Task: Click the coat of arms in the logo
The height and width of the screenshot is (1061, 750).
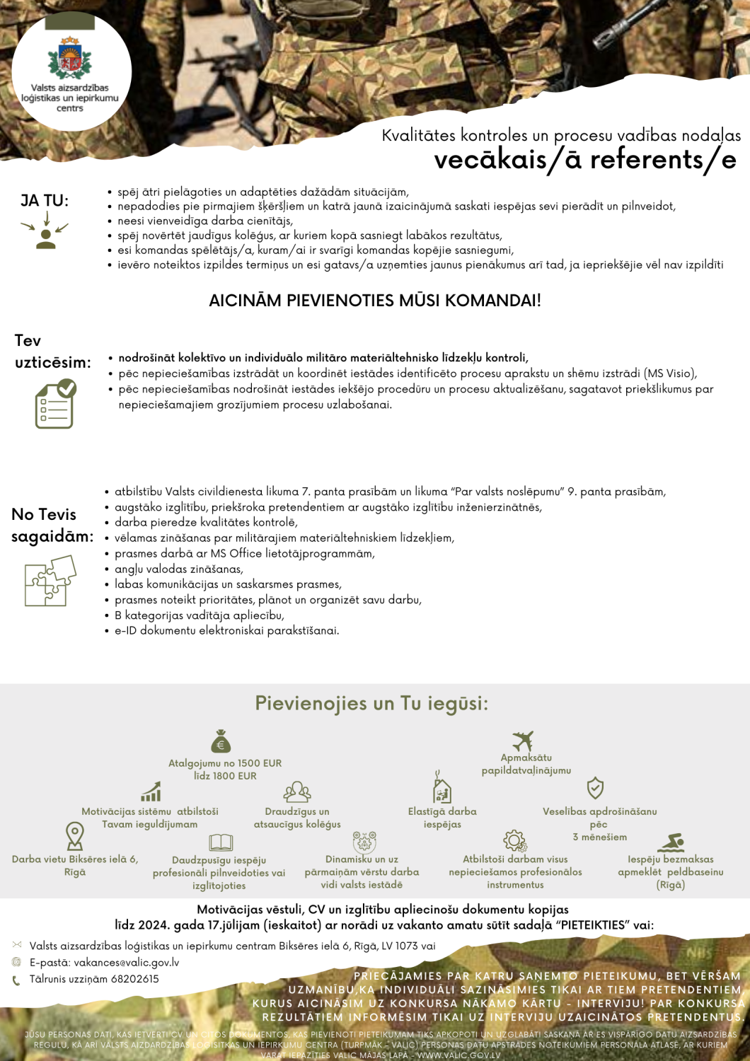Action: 69,59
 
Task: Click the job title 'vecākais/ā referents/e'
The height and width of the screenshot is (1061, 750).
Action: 585,160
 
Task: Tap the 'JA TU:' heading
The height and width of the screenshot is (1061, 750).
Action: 45,201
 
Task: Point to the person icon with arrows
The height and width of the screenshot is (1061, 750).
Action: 45,232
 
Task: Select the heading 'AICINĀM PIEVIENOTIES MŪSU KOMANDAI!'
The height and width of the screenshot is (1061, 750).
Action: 375,301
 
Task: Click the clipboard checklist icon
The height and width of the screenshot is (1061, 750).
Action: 55,404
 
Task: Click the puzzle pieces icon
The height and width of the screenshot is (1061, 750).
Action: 50,581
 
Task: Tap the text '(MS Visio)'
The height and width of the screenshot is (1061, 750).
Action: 670,373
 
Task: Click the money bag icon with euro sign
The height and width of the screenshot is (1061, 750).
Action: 221,741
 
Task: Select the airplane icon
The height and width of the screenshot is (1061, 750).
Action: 523,741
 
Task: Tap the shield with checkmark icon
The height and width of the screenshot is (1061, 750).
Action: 595,788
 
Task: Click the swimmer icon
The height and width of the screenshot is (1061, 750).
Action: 671,842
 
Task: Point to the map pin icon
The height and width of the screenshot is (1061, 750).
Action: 74,835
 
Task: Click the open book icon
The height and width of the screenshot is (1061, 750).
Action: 221,842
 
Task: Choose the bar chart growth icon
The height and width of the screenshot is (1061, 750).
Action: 151,792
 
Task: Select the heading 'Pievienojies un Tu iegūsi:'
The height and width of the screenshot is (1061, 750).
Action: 371,704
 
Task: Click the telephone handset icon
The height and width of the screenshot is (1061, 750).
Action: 16,980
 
